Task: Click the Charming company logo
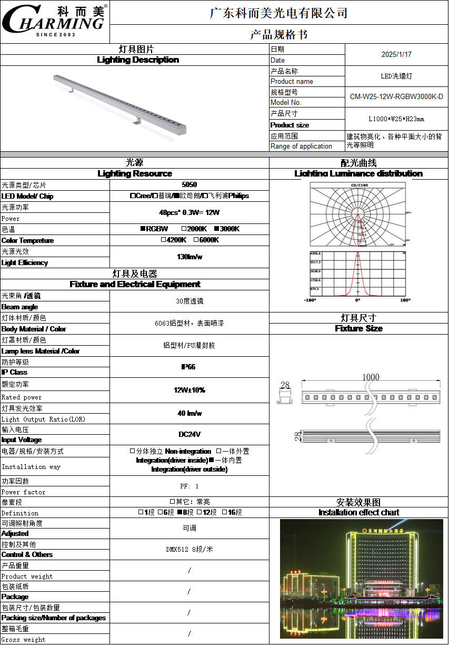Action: coord(54,21)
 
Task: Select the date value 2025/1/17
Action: coord(396,54)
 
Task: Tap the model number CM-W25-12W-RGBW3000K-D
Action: coord(396,97)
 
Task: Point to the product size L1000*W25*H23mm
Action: coord(396,119)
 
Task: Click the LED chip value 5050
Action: coord(189,184)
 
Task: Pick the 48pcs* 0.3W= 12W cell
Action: coord(189,213)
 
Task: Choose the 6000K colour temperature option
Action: coord(206,240)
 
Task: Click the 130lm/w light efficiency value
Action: coord(189,257)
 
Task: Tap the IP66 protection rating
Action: coord(188,367)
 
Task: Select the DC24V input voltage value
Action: coord(189,435)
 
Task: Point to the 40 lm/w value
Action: coord(189,414)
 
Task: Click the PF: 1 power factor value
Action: coord(189,486)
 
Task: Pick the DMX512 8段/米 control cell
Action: coord(189,549)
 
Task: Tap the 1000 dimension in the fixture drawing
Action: coord(371,377)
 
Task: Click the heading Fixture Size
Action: coord(358,328)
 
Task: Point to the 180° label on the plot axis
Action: coord(405,300)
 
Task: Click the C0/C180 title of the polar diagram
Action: coord(359,185)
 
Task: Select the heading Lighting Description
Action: coord(138,60)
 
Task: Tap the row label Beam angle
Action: coord(19,307)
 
